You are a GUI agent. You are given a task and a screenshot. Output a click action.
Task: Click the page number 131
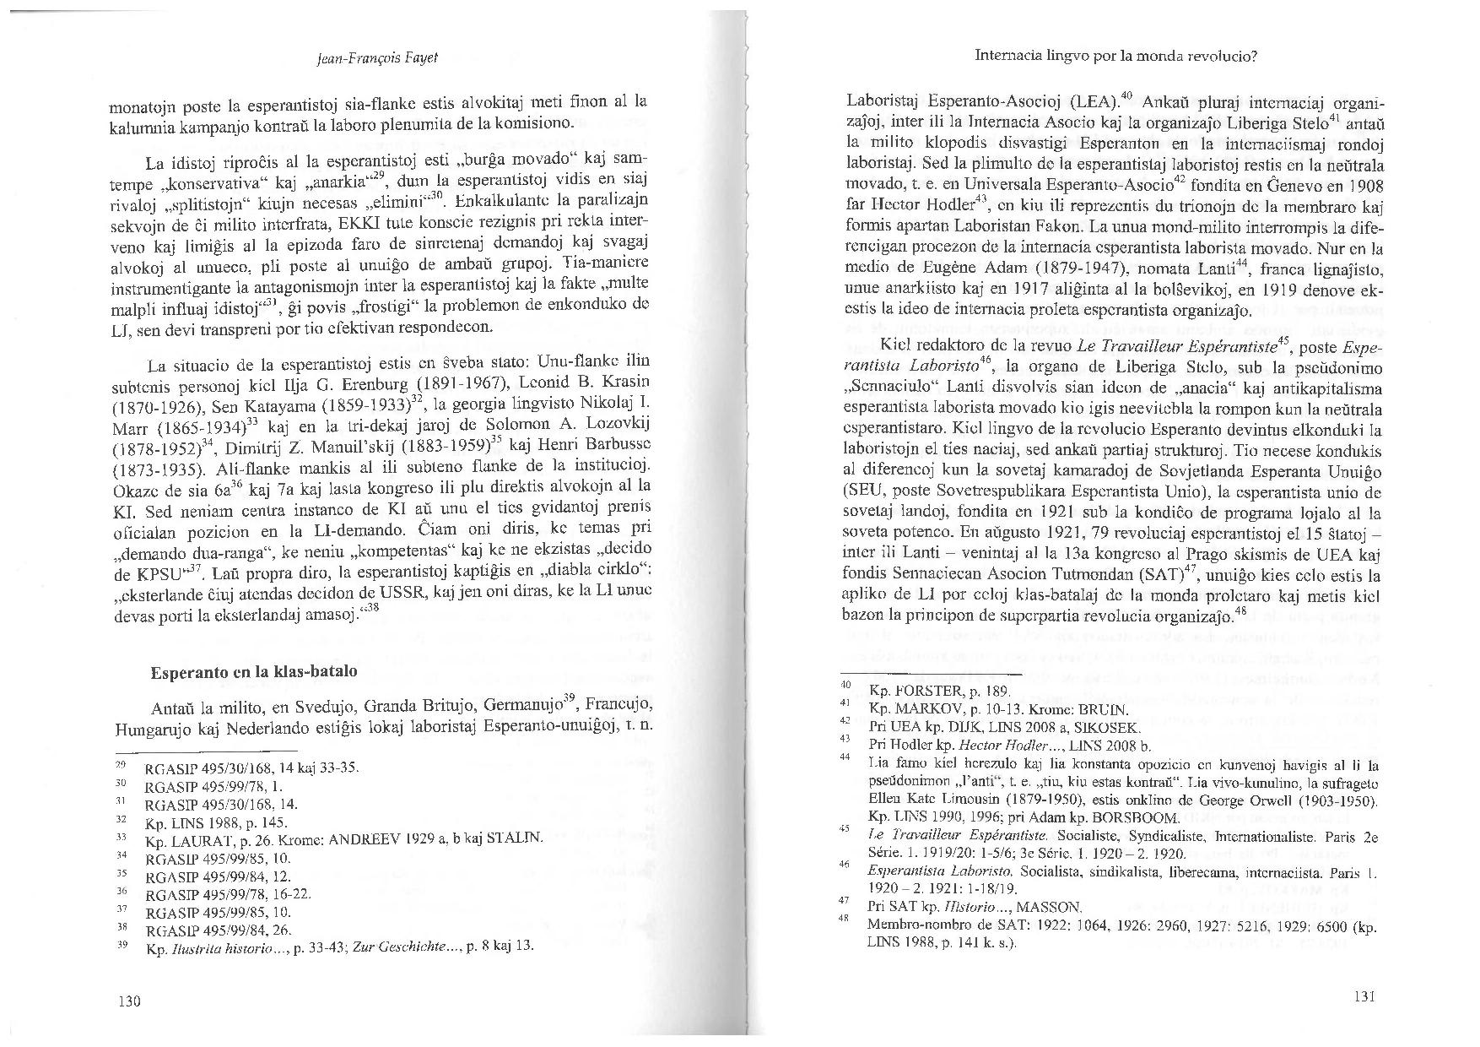(1364, 996)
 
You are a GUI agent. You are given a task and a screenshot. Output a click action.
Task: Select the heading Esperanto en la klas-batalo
(253, 672)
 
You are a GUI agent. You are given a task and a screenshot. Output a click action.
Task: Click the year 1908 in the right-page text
(1360, 186)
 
